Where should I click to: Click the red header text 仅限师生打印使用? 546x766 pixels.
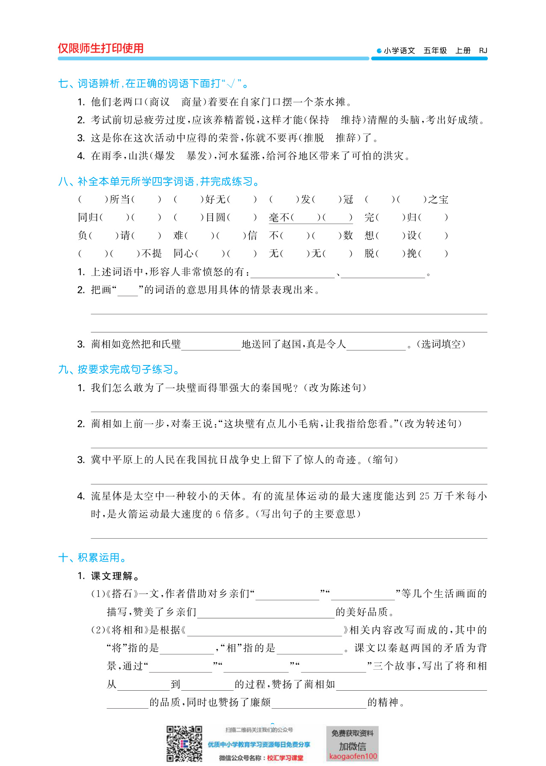[101, 48]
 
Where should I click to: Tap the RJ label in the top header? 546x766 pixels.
[483, 50]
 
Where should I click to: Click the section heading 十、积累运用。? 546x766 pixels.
[93, 558]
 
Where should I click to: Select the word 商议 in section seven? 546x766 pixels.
[160, 102]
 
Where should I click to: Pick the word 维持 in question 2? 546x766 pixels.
[351, 120]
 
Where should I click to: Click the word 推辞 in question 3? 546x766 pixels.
[346, 138]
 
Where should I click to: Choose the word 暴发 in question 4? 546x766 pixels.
[197, 156]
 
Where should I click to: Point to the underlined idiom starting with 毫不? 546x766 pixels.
[310, 217]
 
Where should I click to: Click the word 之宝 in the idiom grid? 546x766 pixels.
[438, 199]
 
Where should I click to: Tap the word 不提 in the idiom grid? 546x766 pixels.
[152, 253]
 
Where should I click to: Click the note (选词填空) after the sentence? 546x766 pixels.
[441, 344]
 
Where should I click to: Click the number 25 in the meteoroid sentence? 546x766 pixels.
[424, 496]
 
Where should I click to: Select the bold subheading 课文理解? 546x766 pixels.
[112, 576]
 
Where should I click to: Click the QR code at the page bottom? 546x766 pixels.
[184, 744]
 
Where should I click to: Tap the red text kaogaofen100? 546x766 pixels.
[353, 756]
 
